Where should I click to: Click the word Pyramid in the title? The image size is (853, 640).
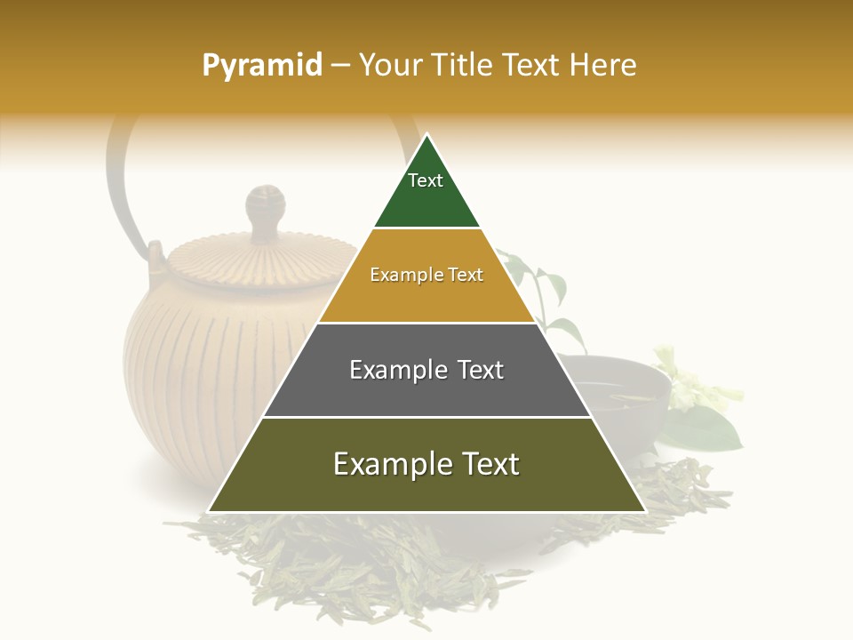pyautogui.click(x=261, y=66)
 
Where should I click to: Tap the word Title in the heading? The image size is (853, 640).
pyautogui.click(x=462, y=66)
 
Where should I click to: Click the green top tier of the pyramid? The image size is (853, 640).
pyautogui.click(x=426, y=200)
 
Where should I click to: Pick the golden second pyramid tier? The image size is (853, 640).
pyautogui.click(x=426, y=298)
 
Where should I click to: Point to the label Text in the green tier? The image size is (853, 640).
pyautogui.click(x=426, y=180)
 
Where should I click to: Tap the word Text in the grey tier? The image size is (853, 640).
pyautogui.click(x=481, y=370)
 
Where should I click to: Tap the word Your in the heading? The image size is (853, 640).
pyautogui.click(x=387, y=66)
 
